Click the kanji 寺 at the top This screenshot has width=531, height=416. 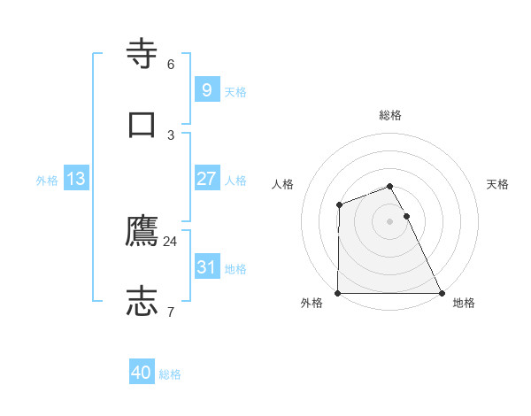click(x=142, y=54)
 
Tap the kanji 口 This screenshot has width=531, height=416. click(x=142, y=124)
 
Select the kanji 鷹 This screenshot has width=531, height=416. click(x=142, y=231)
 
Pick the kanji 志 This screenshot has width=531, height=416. click(x=142, y=301)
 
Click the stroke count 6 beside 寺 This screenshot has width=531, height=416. click(x=171, y=64)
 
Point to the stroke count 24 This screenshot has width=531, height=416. click(x=171, y=241)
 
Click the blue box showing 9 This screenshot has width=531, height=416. click(x=206, y=89)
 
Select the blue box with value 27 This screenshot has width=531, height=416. click(x=206, y=179)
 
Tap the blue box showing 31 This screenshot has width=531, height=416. click(x=206, y=267)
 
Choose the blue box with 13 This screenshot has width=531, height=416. click(x=76, y=179)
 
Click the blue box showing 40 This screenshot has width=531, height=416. click(x=142, y=373)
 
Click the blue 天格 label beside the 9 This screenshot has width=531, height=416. click(x=235, y=92)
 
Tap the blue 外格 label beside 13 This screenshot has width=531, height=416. click(x=47, y=181)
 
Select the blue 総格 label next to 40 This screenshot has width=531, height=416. click(x=170, y=374)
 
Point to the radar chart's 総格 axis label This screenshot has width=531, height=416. click(x=390, y=115)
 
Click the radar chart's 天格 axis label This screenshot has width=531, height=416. click(x=498, y=184)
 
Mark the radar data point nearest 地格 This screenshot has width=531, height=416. click(x=442, y=293)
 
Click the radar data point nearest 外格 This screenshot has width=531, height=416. click(x=338, y=293)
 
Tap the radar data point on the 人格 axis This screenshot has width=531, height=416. click(x=339, y=205)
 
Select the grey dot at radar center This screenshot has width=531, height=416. click(x=390, y=221)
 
